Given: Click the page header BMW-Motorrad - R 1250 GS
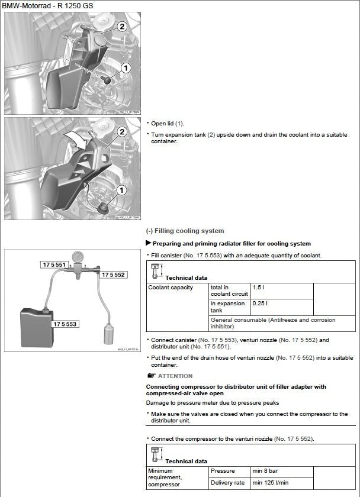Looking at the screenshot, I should pos(47,5).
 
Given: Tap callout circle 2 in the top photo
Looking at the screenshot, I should pos(121,26).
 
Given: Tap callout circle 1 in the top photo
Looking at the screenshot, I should pos(126,69).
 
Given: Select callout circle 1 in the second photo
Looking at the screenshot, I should pos(121,190).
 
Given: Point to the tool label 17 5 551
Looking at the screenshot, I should pos(53,264).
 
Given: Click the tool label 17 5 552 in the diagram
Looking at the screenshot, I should pos(112,275).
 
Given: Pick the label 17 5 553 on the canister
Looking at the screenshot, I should pos(65,324).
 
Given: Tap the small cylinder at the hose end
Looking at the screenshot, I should pos(109,333).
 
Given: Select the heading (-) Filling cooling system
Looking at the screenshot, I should pos(185,231).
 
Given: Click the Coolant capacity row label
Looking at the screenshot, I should pos(171,288).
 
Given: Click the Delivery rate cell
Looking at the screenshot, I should pos(226,483).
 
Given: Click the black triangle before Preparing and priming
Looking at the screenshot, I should pos(149,243).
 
